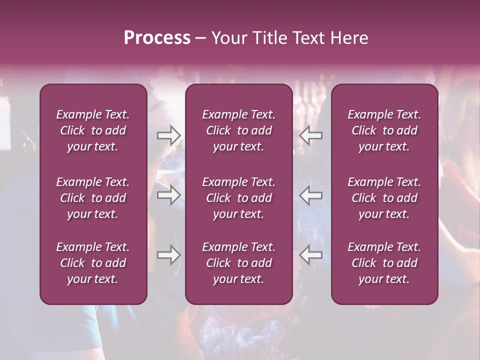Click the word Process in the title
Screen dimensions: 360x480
[x=157, y=38]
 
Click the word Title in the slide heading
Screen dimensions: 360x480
[x=270, y=38]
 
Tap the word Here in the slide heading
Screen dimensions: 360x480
[x=349, y=38]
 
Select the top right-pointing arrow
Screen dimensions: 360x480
[x=169, y=135]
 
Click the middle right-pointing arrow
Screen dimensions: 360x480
[x=169, y=195]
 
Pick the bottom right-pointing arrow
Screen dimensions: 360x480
[x=169, y=255]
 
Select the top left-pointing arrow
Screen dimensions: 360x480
[x=311, y=135]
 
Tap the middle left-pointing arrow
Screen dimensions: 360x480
[x=311, y=195]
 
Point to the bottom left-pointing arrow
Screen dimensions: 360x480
[x=311, y=255]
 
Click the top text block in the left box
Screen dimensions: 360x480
[x=93, y=130]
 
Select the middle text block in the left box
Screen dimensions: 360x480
[x=93, y=198]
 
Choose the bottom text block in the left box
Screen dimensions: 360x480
[x=93, y=263]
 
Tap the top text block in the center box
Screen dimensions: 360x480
[x=239, y=130]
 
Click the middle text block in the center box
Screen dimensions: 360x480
[x=239, y=198]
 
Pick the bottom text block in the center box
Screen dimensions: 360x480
[x=239, y=263]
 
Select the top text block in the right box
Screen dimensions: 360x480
[x=384, y=130]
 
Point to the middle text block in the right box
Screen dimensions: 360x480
[x=384, y=198]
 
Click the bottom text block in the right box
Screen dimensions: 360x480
[x=384, y=263]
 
